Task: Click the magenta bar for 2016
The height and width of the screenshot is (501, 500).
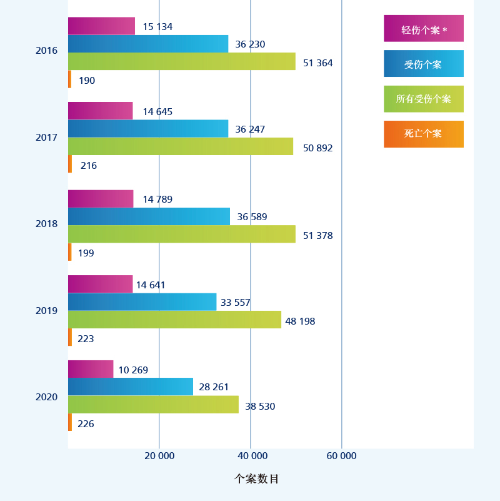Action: pyautogui.click(x=101, y=26)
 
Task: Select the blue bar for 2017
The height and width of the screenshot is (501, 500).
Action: pyautogui.click(x=148, y=129)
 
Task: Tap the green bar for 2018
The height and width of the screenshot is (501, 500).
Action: pyautogui.click(x=181, y=234)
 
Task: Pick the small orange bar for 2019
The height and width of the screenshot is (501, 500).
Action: pyautogui.click(x=70, y=337)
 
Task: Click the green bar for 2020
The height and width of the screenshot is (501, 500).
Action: pyautogui.click(x=153, y=405)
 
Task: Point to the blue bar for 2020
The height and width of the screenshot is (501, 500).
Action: pyautogui.click(x=131, y=387)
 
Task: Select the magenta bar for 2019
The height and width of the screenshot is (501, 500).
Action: pyautogui.click(x=100, y=284)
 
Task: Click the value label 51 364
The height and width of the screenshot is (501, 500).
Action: pyautogui.click(x=317, y=63)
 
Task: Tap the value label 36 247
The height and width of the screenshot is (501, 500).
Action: pyautogui.click(x=250, y=129)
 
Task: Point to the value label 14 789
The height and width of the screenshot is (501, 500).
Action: pyautogui.click(x=157, y=200)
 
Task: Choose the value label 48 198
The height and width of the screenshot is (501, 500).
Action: pyautogui.click(x=300, y=321)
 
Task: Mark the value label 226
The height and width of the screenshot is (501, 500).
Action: pyautogui.click(x=86, y=424)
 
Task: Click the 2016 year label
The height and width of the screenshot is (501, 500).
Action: pyautogui.click(x=46, y=51)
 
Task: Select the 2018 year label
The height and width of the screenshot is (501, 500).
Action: pyautogui.click(x=46, y=224)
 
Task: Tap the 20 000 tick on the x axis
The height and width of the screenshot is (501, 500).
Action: pyautogui.click(x=159, y=456)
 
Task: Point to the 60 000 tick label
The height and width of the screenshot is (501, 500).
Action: pyautogui.click(x=341, y=456)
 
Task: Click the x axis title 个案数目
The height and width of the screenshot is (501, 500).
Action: pyautogui.click(x=256, y=479)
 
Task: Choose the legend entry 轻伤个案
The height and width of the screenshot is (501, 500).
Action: pyautogui.click(x=424, y=29)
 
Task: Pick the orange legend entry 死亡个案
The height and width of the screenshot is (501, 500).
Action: pyautogui.click(x=424, y=134)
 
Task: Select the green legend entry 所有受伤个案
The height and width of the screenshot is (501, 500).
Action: pyautogui.click(x=424, y=99)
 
